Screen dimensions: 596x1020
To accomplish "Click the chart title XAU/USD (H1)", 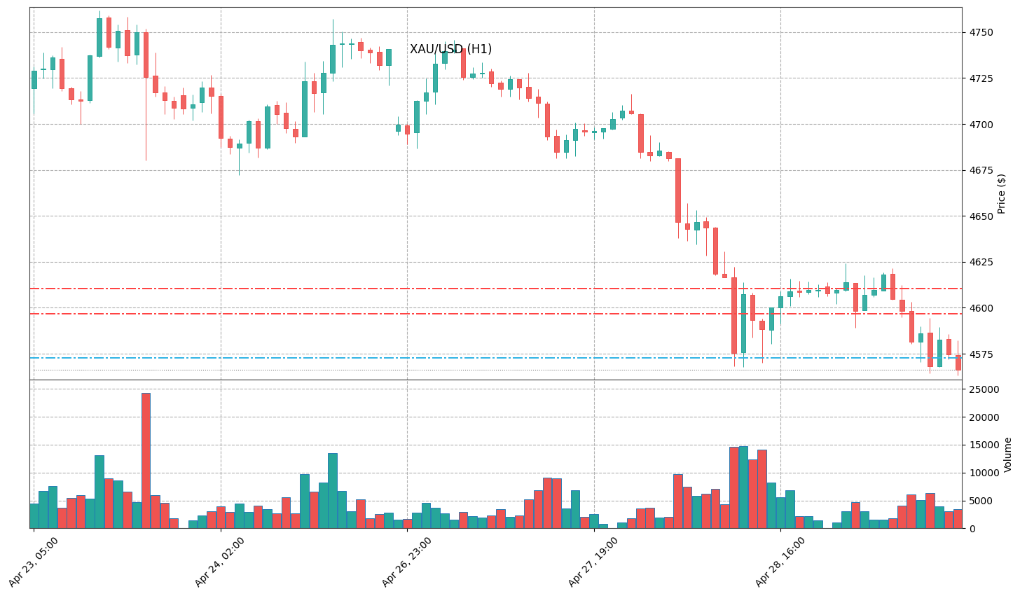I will point(450,50).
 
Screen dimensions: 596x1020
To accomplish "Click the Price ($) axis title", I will point(1002,193).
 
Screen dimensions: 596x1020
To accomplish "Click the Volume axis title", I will point(1007,455).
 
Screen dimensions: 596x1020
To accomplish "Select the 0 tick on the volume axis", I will point(970,529).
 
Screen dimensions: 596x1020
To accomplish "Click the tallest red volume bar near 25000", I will point(146,460).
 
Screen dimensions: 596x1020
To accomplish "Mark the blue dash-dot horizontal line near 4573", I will point(490,358).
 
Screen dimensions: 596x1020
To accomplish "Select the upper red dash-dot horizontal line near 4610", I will point(490,289).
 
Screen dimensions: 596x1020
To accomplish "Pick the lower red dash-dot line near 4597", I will point(490,314).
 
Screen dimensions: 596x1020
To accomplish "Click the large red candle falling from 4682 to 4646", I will point(678,190).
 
